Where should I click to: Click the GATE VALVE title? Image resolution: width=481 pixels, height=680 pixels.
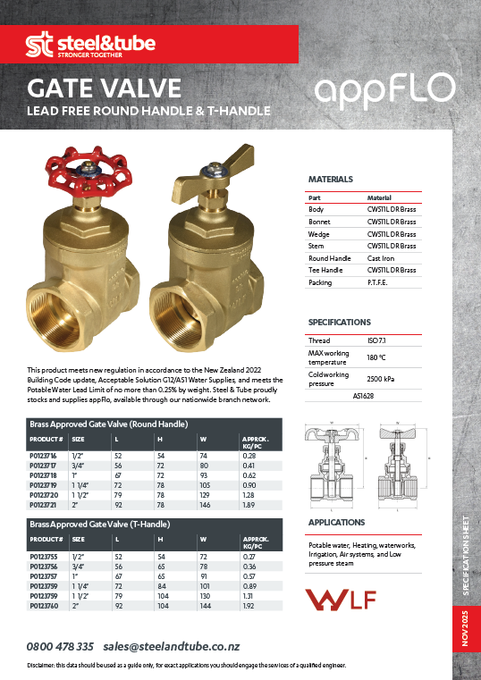pyautogui.click(x=105, y=88)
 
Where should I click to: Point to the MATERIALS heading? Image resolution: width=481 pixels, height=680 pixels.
pyautogui.click(x=331, y=179)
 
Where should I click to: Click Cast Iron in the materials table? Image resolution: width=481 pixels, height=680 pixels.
pyautogui.click(x=383, y=257)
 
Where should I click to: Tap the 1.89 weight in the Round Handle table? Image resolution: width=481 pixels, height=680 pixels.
pyautogui.click(x=250, y=505)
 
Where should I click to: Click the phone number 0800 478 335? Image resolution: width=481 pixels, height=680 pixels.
pyautogui.click(x=61, y=646)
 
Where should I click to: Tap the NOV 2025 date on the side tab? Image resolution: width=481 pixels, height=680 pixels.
pyautogui.click(x=466, y=625)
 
